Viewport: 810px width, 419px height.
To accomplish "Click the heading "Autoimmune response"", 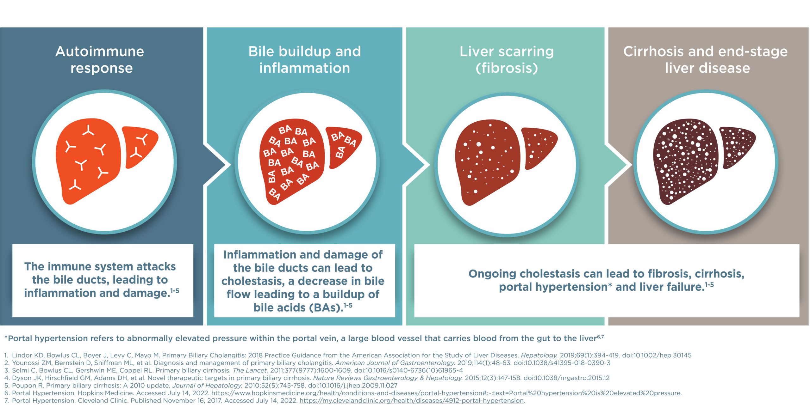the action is [100, 60].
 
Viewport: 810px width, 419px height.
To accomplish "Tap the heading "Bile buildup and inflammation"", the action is [305, 60].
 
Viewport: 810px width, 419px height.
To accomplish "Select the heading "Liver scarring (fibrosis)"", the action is [507, 60].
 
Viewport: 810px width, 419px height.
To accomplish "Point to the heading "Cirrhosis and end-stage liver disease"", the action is [706, 60].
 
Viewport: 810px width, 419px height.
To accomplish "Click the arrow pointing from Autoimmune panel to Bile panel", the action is [218, 164].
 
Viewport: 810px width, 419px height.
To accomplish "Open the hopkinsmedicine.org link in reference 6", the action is [446, 393].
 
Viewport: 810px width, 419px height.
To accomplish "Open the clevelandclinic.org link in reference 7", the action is [412, 401].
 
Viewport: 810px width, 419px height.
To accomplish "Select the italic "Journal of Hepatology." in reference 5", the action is [207, 386].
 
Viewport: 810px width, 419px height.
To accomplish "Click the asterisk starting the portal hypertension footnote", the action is [6, 338].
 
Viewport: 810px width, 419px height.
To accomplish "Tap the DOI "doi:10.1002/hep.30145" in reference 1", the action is [657, 355].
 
